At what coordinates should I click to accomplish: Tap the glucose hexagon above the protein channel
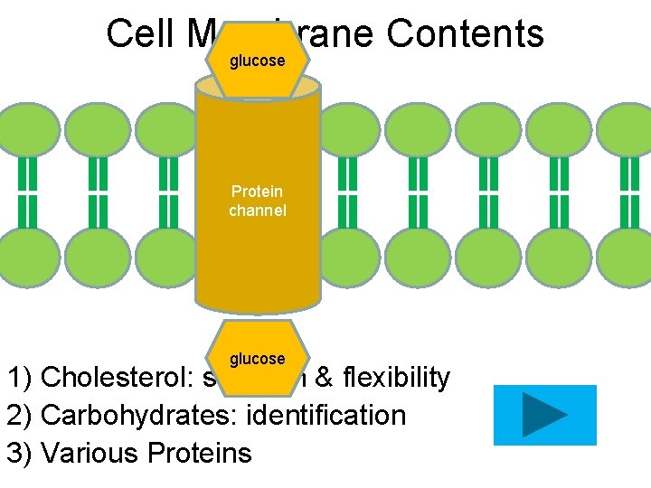(x=258, y=61)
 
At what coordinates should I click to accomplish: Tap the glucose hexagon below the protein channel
(x=258, y=358)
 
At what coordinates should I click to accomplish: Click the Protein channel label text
(x=258, y=201)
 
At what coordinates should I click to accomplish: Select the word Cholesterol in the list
(x=112, y=377)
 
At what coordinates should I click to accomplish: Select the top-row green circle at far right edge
(x=627, y=129)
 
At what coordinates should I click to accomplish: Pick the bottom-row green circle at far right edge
(x=627, y=257)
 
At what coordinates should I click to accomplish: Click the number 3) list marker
(x=20, y=451)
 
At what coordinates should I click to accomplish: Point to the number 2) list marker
(x=20, y=415)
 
